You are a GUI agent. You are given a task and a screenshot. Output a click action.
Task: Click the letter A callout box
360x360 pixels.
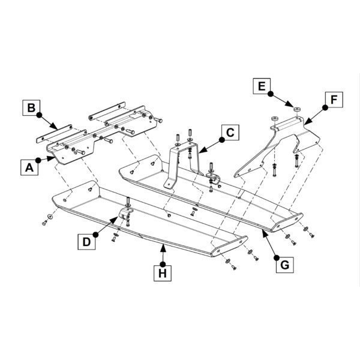coord(29,167)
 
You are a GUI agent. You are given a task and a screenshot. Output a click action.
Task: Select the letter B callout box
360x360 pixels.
coord(31,107)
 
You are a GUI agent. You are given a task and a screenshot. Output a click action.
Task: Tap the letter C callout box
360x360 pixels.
coord(230,133)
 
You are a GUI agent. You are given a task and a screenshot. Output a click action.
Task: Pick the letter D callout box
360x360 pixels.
coord(86,242)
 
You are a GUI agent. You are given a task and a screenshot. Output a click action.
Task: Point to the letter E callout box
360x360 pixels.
coord(262,86)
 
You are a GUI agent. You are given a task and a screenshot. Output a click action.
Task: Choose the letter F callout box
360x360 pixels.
coord(334,100)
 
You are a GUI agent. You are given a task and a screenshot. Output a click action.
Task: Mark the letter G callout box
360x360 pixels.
coord(284,265)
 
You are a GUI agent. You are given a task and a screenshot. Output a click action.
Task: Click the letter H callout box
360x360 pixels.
coord(163,273)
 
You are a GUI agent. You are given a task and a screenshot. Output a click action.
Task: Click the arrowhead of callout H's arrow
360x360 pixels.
coord(163,248)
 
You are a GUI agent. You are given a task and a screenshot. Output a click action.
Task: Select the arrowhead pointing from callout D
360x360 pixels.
coord(114,220)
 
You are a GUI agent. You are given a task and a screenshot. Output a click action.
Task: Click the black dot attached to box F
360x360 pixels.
coord(325,107)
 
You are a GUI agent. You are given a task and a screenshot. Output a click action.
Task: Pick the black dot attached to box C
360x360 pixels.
coord(222,140)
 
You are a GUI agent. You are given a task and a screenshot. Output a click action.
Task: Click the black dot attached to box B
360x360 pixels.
coord(39,115)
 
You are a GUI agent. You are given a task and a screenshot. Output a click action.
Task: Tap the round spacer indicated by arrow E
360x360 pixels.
coord(298,110)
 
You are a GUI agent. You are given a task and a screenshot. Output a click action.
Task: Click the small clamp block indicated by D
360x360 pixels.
coord(125,213)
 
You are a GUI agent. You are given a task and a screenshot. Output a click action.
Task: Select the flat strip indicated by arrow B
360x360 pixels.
coord(54,134)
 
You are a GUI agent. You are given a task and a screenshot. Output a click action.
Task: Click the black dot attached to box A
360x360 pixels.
coord(38,160)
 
